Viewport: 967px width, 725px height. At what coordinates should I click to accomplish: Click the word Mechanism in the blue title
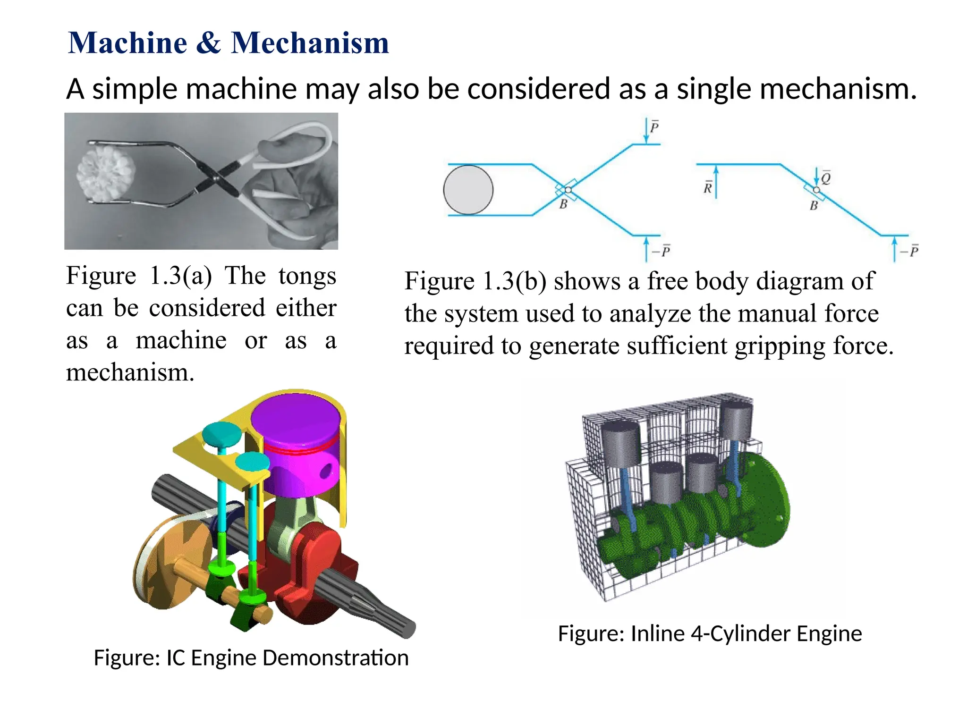[x=310, y=43]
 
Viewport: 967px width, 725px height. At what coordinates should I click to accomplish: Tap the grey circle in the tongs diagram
[x=468, y=190]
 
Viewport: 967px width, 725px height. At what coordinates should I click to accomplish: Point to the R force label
[x=707, y=188]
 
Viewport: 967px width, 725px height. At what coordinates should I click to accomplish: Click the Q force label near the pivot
[x=826, y=178]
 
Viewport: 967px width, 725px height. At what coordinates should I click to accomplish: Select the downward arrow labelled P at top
[x=646, y=131]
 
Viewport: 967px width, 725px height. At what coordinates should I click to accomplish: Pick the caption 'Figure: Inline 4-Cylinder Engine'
[x=710, y=633]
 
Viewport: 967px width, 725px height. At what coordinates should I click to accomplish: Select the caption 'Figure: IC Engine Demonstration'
[x=251, y=658]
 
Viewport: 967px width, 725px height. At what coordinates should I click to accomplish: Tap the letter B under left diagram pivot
[x=563, y=205]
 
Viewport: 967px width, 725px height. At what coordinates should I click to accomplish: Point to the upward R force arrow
[x=716, y=182]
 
